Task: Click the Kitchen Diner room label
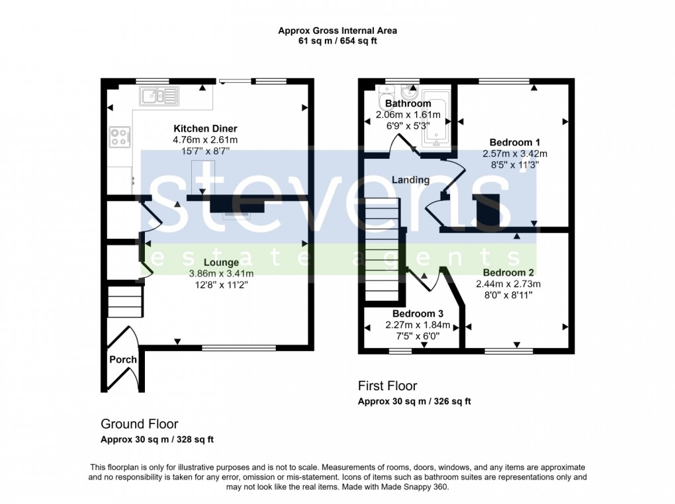pos(205,128)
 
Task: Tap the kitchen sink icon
pos(159,97)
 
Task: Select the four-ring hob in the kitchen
pos(120,137)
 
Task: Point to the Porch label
pos(122,360)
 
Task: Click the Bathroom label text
pos(408,104)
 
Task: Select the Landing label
pos(410,180)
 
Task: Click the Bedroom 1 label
pos(515,142)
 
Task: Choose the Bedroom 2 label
pos(508,273)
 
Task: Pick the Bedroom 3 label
pos(417,314)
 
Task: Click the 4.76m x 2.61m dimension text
pos(205,140)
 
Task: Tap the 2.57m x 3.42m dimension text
pos(515,153)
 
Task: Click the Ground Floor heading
pos(139,424)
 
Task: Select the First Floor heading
pos(387,386)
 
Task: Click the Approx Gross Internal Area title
pos(337,30)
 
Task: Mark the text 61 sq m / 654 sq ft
pos(337,41)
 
